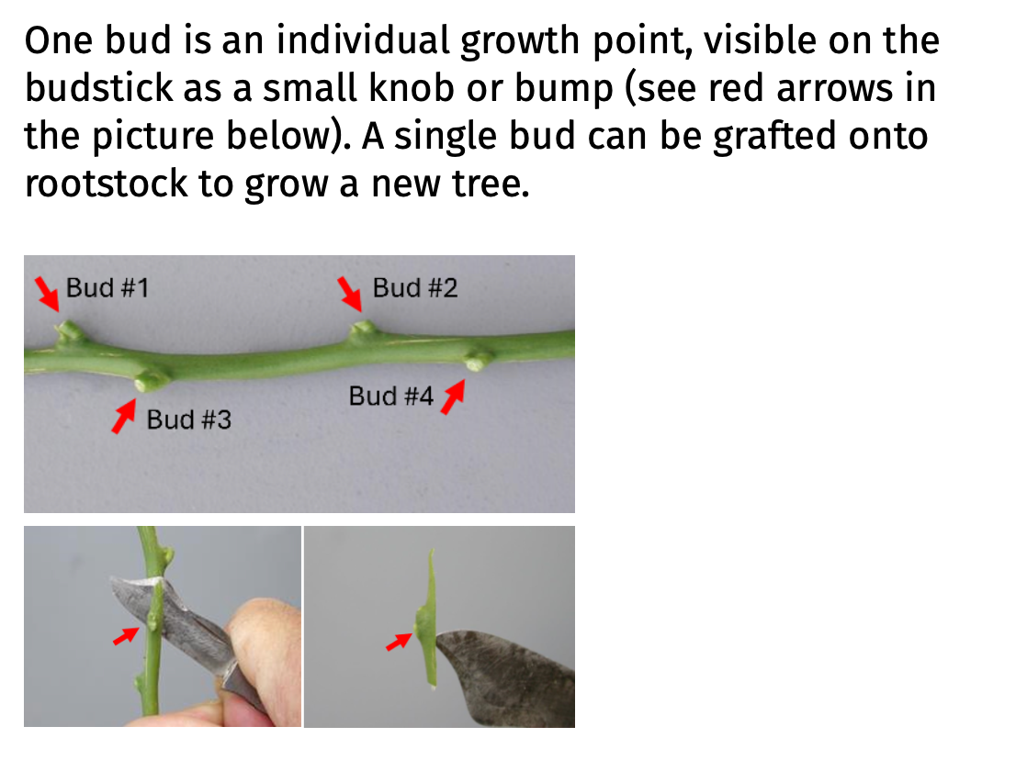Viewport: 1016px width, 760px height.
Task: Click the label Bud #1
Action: pyautogui.click(x=107, y=288)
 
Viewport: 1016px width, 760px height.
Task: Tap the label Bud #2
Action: pyautogui.click(x=414, y=288)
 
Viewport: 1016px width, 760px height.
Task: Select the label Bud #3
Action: pyautogui.click(x=189, y=420)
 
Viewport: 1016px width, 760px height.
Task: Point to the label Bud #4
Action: pyautogui.click(x=390, y=397)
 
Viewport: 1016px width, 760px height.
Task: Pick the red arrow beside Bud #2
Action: pyautogui.click(x=348, y=293)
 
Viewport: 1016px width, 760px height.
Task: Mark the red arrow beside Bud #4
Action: pyautogui.click(x=450, y=398)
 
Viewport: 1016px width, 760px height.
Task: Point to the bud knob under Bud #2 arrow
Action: pyautogui.click(x=364, y=329)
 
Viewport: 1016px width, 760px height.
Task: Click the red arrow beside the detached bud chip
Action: pyautogui.click(x=398, y=642)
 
